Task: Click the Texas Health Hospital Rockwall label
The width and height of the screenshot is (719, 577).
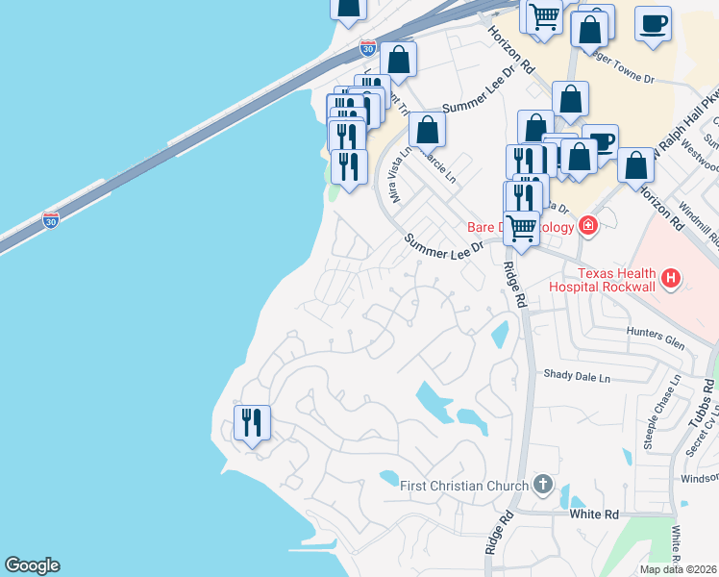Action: click(x=606, y=279)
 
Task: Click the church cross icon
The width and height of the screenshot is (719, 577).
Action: click(x=543, y=484)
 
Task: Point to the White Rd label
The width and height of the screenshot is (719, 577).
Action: click(x=594, y=514)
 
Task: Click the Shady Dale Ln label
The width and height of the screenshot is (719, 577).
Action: click(x=577, y=377)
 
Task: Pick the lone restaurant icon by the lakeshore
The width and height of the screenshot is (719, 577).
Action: click(x=252, y=423)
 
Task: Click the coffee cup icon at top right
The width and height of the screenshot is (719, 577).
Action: click(x=653, y=23)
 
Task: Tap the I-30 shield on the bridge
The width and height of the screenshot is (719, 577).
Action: click(x=51, y=220)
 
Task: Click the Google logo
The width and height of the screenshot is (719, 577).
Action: click(x=32, y=565)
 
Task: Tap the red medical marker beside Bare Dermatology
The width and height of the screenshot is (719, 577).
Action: click(x=587, y=227)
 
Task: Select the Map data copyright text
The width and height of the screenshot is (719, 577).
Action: click(x=679, y=569)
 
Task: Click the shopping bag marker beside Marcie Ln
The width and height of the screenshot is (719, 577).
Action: click(x=427, y=130)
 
